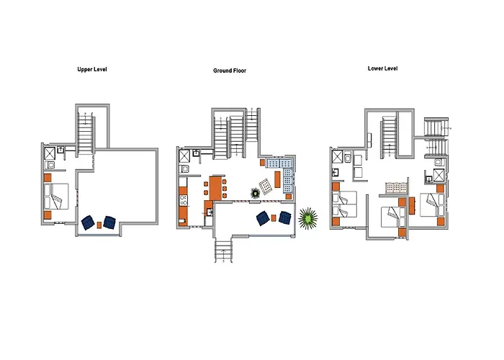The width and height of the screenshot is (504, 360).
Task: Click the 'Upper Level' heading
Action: click(x=92, y=69)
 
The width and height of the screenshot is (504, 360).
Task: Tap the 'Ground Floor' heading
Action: click(x=230, y=71)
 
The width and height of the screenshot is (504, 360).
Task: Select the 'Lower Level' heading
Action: click(x=382, y=68)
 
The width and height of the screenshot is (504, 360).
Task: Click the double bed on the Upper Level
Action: click(x=56, y=197)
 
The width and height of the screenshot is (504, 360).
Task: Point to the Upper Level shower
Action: click(x=50, y=153)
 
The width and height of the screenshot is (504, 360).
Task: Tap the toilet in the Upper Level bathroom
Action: click(x=50, y=165)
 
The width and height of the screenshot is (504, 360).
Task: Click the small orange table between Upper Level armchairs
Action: click(x=99, y=225)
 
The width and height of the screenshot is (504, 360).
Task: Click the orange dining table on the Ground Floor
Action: click(x=215, y=189)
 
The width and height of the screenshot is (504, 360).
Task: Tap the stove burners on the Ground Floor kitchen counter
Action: click(x=183, y=200)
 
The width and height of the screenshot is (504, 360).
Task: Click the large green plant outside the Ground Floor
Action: click(x=308, y=219)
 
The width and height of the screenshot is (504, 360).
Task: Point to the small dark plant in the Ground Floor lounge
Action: click(x=255, y=193)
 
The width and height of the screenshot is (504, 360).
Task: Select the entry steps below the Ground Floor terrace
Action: click(x=223, y=251)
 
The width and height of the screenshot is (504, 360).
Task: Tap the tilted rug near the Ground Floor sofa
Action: click(x=266, y=186)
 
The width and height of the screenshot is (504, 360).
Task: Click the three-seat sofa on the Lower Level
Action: click(x=397, y=189)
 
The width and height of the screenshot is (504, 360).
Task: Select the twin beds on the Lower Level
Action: click(x=345, y=204)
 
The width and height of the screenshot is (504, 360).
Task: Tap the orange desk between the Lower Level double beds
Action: click(x=412, y=206)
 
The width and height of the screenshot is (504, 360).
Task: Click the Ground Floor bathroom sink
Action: click(x=196, y=153)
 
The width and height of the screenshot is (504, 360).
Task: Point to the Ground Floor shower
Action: click(x=184, y=156)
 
